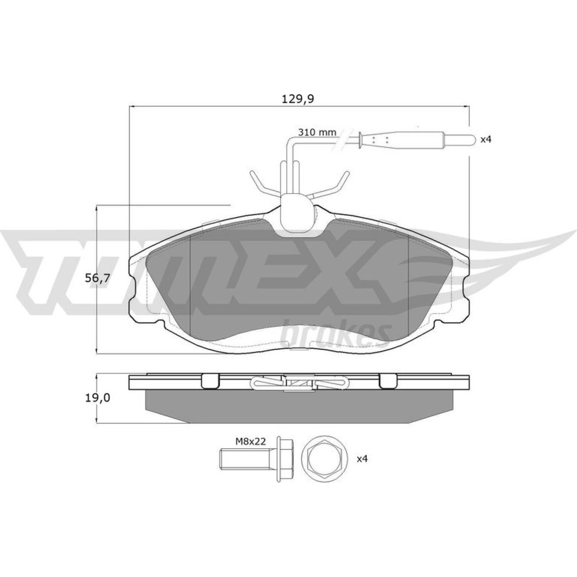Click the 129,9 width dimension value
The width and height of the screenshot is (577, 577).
coord(298,99)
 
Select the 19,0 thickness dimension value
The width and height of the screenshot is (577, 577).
coord(97,398)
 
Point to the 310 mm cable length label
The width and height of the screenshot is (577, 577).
coord(317,132)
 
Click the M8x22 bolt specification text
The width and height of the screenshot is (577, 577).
coord(250,441)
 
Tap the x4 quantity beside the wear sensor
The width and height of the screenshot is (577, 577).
coord(486,139)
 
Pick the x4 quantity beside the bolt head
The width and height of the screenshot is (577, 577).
coord(362,459)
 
